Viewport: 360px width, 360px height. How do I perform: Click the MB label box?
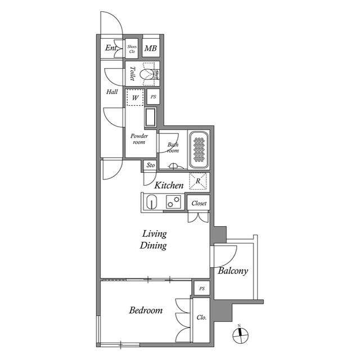click(150, 48)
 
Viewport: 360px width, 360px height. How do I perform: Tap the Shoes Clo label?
click(132, 48)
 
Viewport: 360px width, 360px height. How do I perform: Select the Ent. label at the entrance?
click(111, 48)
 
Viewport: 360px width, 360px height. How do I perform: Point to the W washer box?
click(135, 97)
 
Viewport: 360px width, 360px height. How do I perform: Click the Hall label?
click(112, 92)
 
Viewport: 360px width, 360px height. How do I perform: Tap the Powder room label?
click(138, 139)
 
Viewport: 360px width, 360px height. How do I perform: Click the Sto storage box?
click(150, 165)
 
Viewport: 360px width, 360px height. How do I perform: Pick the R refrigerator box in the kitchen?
click(198, 181)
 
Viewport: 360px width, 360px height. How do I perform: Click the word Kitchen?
click(169, 185)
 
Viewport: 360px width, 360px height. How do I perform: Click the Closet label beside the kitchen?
click(199, 203)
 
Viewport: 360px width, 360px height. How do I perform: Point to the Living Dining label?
click(154, 240)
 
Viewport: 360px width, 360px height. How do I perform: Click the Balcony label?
click(233, 271)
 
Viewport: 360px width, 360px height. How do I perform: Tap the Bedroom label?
click(146, 310)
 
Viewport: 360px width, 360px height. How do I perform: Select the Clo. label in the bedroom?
click(201, 317)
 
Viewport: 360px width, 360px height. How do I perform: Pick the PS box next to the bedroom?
click(201, 289)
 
